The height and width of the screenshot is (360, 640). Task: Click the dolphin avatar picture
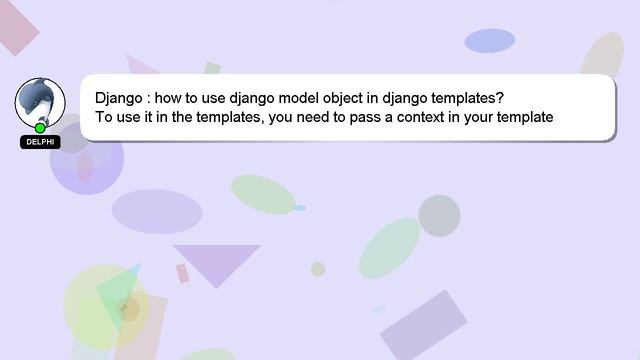pos(40,101)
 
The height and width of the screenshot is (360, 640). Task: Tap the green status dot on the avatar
pos(40,128)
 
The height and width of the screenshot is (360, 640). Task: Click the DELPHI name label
pos(40,142)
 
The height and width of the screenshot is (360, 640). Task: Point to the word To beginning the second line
pos(105,117)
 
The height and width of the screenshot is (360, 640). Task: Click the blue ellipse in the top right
pos(489,41)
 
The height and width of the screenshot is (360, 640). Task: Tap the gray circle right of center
pos(439,215)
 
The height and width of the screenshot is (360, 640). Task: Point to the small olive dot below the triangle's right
pos(318,269)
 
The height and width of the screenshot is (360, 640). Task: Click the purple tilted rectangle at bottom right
pos(423,324)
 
